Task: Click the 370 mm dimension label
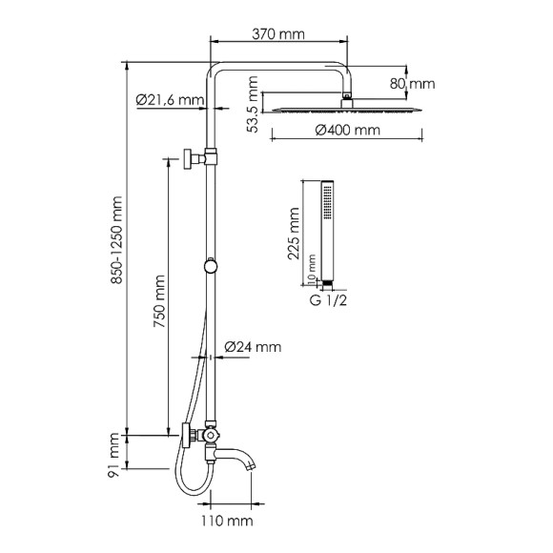coord(279,33)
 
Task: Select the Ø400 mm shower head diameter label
coord(346,130)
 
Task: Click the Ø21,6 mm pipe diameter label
coord(170,99)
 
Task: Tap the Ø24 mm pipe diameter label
coord(254,348)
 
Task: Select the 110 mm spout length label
coord(227,520)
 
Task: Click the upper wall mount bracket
coord(195,157)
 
